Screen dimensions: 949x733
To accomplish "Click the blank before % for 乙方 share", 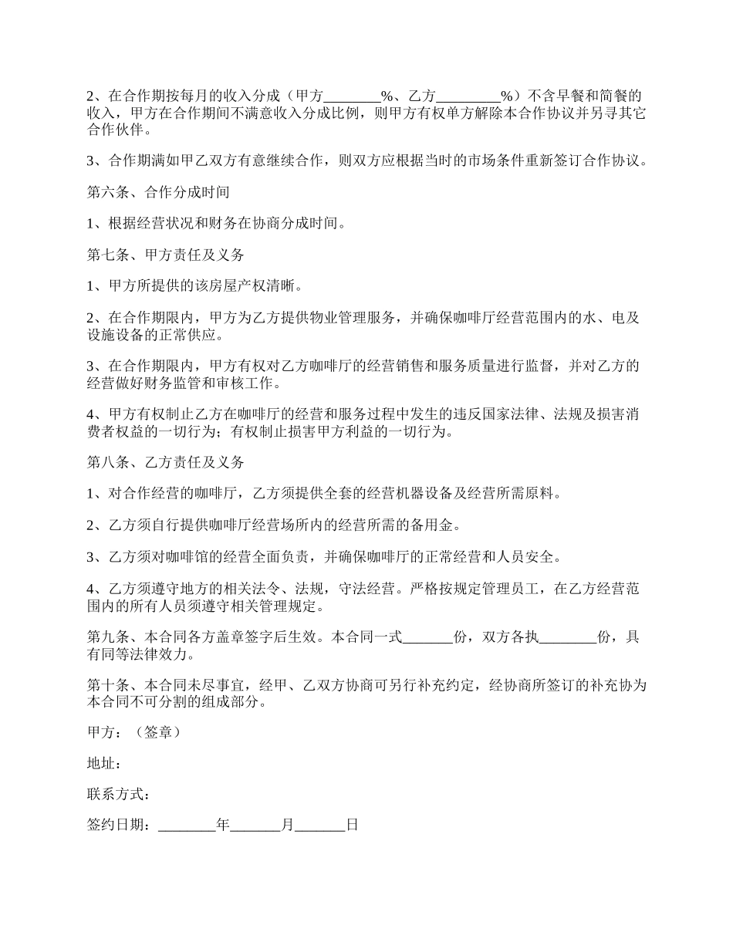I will coord(468,97).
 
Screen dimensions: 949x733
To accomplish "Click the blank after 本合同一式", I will coord(428,637).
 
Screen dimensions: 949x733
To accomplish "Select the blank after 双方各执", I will coord(568,637).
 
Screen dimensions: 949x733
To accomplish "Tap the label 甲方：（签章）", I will coord(133,732).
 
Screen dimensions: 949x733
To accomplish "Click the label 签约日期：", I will coord(122,826).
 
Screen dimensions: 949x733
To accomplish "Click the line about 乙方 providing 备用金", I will coord(274,525).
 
